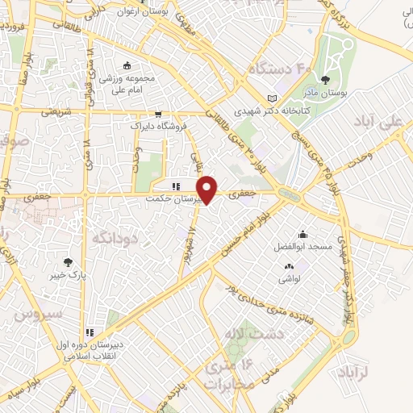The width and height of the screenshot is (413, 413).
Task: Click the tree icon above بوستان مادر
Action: point(324,80)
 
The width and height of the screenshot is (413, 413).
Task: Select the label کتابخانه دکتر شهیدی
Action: point(261,113)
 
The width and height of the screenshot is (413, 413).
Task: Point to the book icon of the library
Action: point(281,99)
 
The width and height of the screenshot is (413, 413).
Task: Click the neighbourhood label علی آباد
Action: point(378,123)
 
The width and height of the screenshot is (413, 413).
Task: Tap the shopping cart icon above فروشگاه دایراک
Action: point(158,114)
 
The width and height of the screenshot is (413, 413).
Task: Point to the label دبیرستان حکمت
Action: point(169,196)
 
